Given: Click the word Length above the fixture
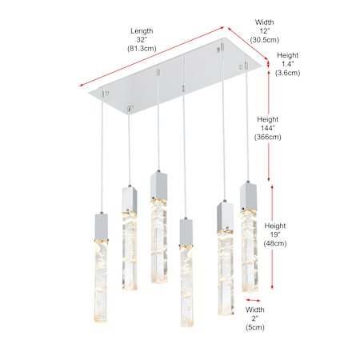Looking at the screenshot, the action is point(142,31).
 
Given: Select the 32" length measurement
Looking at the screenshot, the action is point(142,40).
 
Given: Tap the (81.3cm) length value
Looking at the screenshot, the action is point(142,49).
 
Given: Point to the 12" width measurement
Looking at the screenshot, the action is point(265,31).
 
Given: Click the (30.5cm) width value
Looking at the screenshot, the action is point(265,40).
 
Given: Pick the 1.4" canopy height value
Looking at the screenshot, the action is point(287,64).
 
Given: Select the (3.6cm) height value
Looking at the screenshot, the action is point(287,73).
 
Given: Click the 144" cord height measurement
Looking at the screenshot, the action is point(268,128).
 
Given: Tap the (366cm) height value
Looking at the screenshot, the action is point(268,137).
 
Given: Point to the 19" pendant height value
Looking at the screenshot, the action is point(275,234).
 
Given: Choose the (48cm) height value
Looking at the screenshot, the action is point(275,243).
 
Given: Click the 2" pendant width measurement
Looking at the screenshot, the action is point(255,318).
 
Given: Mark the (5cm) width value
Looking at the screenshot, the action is point(255,327).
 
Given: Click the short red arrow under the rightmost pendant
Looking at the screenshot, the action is point(253,300).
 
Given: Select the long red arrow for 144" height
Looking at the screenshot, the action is point(269,122).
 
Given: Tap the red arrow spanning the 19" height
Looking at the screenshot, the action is point(272,237).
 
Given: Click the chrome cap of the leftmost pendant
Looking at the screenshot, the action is point(102,227).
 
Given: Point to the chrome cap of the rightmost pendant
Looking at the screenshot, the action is point(248,195).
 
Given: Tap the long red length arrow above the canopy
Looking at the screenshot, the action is point(152,57).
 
